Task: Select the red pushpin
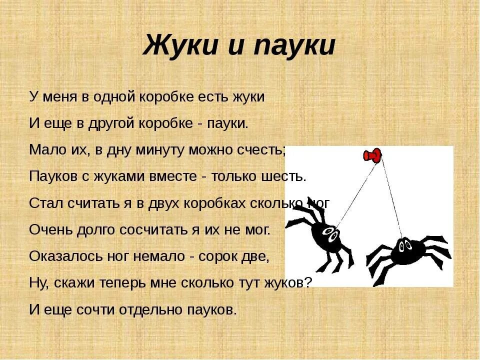tap(372, 156)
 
